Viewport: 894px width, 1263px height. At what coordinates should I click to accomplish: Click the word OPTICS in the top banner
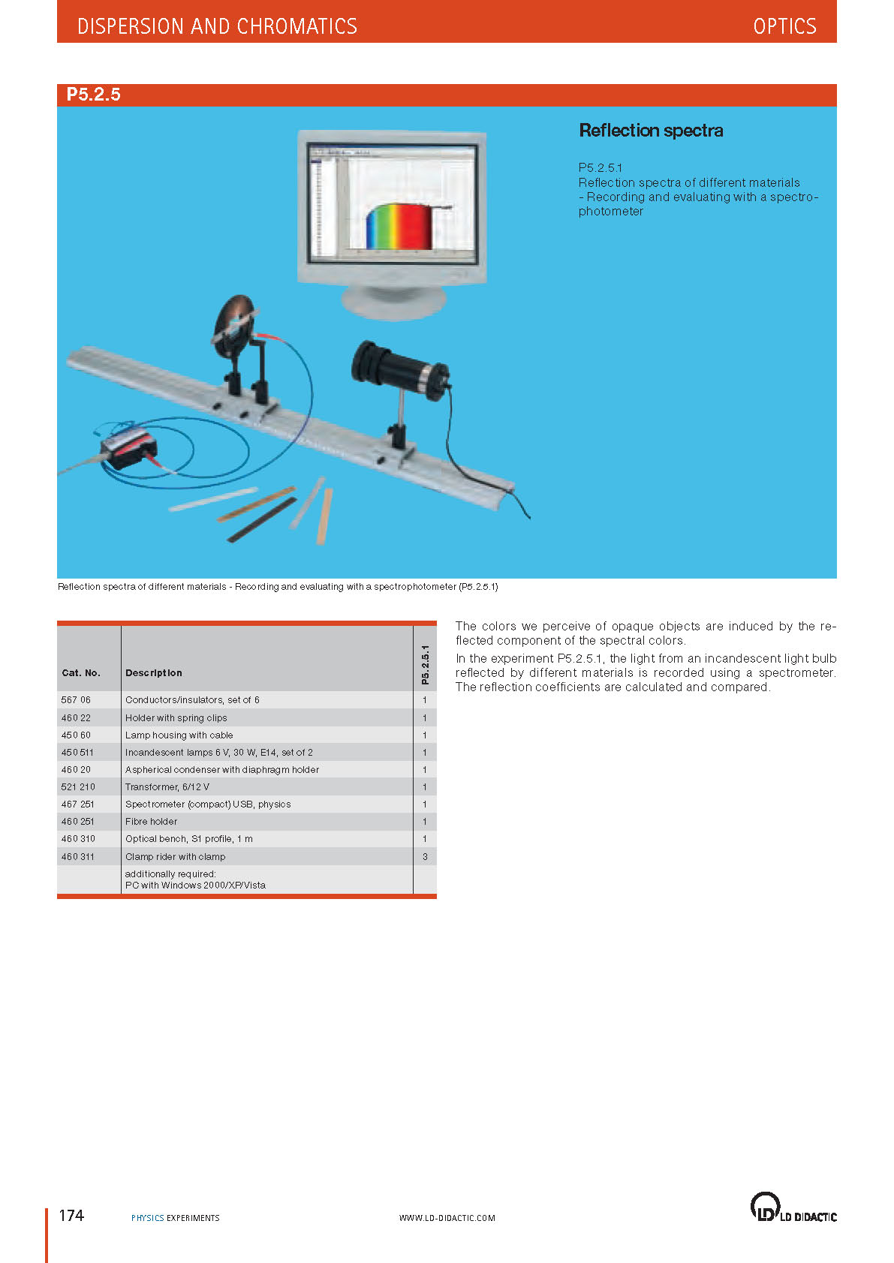(784, 26)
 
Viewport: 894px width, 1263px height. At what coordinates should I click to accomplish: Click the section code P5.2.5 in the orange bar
(94, 94)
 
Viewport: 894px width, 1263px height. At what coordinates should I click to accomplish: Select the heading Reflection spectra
(651, 131)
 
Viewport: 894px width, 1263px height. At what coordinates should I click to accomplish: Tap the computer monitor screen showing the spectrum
(392, 203)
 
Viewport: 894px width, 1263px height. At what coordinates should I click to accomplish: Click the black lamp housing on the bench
(399, 369)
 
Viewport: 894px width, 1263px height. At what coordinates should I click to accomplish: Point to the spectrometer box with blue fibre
(129, 448)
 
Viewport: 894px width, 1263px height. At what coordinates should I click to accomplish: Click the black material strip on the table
(262, 520)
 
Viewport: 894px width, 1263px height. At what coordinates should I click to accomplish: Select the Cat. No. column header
(81, 672)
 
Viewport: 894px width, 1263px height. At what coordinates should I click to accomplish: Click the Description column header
(153, 672)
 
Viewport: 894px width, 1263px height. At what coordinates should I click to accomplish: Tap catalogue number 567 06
(76, 699)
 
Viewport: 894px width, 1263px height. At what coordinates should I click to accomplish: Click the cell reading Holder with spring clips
(176, 717)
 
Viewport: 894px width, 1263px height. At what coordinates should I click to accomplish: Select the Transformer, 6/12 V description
(167, 786)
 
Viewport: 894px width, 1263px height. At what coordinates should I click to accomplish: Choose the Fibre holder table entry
(151, 822)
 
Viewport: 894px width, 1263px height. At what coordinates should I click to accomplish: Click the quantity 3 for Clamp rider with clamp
(426, 856)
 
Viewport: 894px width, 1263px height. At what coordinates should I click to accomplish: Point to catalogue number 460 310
(78, 839)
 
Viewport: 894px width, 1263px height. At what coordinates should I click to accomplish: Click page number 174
(71, 1215)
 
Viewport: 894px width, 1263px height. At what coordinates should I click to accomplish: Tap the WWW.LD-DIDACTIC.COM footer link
(447, 1218)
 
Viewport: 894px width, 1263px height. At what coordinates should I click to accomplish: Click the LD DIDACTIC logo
(793, 1207)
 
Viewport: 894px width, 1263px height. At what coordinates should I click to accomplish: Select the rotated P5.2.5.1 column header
(426, 665)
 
